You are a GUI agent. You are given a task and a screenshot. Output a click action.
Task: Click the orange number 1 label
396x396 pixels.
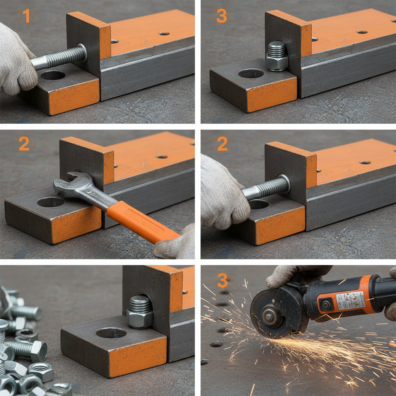tap(26, 16)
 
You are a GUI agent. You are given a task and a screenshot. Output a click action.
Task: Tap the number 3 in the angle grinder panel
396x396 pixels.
tap(222, 280)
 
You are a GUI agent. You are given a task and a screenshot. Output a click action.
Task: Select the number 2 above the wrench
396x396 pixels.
tap(24, 144)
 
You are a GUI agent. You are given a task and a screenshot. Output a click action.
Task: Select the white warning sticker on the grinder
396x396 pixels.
tap(350, 300)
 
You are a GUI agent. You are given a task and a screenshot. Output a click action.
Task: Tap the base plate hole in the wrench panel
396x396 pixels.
tap(51, 202)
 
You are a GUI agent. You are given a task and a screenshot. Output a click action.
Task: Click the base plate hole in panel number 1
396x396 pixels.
tap(53, 75)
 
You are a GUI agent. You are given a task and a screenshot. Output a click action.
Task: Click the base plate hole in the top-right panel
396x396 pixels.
tap(251, 73)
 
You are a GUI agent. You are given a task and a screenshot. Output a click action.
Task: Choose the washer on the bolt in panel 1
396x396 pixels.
tap(82, 53)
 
